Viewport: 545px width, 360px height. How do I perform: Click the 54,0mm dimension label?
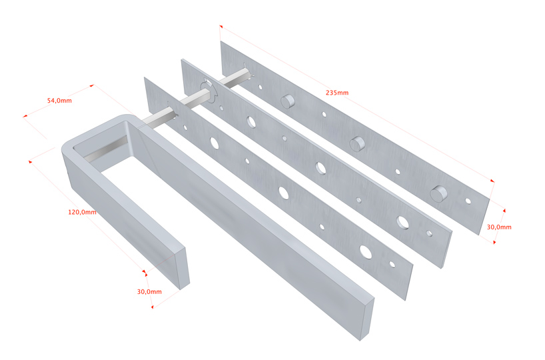click(x=59, y=101)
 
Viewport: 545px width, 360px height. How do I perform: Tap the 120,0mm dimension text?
click(x=82, y=212)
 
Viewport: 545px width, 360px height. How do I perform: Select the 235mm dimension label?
click(x=337, y=93)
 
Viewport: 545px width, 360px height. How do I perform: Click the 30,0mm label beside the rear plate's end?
click(x=499, y=227)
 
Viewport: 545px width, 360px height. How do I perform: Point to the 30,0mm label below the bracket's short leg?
click(x=149, y=291)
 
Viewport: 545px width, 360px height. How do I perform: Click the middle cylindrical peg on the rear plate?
click(x=357, y=143)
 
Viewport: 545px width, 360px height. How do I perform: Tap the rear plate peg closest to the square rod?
click(x=287, y=101)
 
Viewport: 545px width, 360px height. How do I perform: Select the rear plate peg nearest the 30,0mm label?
click(x=439, y=193)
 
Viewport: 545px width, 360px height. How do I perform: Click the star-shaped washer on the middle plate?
click(x=209, y=91)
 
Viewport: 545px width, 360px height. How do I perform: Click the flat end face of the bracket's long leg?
click(x=367, y=319)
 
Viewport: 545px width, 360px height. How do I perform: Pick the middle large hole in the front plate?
click(x=284, y=193)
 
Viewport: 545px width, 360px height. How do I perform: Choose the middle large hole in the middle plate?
click(x=320, y=168)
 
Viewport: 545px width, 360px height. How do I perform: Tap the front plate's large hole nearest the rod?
click(x=215, y=143)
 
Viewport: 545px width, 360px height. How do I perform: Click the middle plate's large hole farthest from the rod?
click(x=402, y=222)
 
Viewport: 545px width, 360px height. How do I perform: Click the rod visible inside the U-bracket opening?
click(x=106, y=149)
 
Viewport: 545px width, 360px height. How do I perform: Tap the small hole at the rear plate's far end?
click(x=468, y=201)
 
